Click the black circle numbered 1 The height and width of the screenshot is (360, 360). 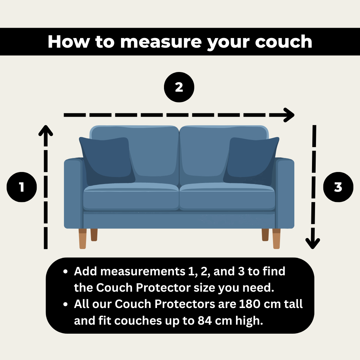[22, 187]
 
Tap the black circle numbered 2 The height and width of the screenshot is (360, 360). [179, 87]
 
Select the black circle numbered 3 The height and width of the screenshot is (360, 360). [338, 187]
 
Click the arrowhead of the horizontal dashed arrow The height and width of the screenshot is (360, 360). [289, 115]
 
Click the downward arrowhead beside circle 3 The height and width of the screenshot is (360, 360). [312, 244]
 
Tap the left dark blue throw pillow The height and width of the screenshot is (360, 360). [107, 161]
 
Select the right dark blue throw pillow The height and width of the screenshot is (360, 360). [251, 161]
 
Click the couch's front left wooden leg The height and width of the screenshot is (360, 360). [83, 239]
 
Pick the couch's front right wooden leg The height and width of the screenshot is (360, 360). [276, 239]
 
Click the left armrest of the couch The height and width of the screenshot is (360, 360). [73, 193]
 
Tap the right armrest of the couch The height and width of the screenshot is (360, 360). [285, 193]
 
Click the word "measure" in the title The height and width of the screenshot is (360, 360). [161, 42]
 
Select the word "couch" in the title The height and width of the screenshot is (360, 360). [284, 42]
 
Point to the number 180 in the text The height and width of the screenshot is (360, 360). [250, 304]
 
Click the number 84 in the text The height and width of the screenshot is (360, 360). [205, 321]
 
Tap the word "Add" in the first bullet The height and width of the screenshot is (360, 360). [85, 271]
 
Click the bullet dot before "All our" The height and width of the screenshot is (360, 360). [65, 304]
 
